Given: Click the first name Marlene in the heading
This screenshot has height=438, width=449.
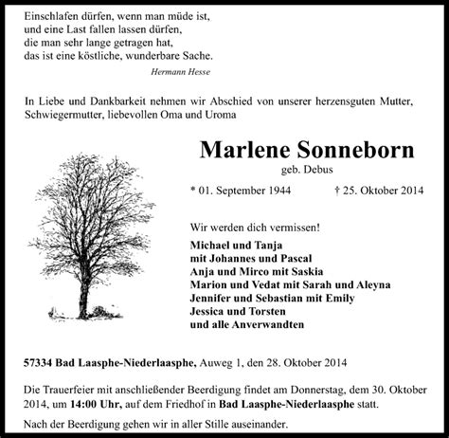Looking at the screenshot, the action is (242, 153).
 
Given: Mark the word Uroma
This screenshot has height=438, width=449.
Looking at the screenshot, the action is (211, 116).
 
